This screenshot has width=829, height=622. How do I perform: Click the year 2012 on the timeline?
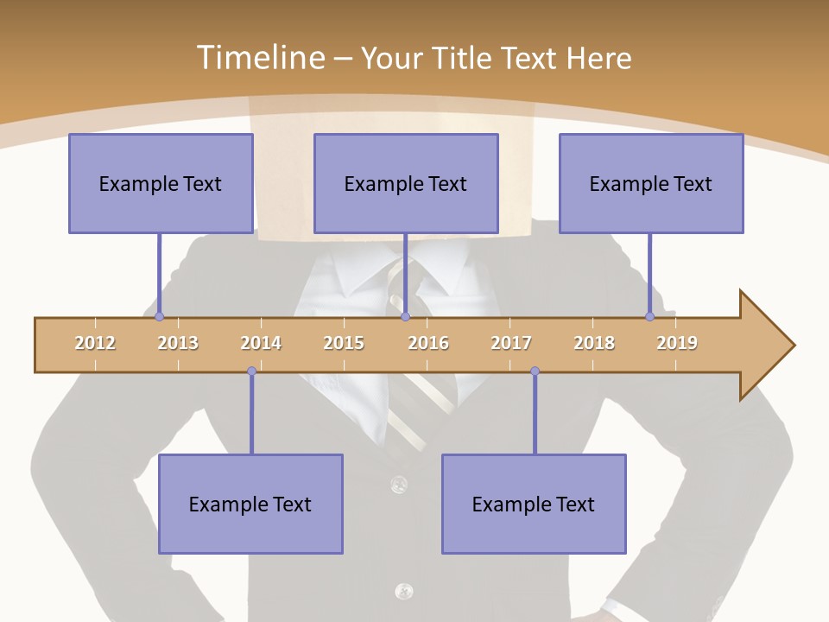[x=95, y=343]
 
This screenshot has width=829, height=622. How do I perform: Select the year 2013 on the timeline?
[x=178, y=343]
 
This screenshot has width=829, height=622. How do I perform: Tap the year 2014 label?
[x=261, y=343]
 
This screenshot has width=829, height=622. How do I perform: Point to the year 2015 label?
[x=344, y=343]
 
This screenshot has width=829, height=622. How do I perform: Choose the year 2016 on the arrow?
[x=428, y=343]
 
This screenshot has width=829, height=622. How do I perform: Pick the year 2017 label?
[x=511, y=343]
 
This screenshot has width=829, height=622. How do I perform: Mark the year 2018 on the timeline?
[x=594, y=343]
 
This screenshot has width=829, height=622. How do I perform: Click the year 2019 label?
[x=677, y=343]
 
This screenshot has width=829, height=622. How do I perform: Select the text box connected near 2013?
[x=161, y=183]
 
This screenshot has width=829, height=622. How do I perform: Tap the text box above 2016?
[x=406, y=183]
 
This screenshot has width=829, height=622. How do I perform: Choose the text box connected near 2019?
[x=651, y=183]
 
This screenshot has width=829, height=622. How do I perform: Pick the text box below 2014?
[x=250, y=504]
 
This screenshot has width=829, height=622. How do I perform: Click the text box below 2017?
[x=534, y=504]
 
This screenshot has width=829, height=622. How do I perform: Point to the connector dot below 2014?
[x=251, y=371]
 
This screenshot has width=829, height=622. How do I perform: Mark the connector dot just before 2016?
[x=405, y=316]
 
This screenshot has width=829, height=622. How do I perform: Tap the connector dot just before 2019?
[x=649, y=316]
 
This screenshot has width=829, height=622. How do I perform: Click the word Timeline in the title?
[x=259, y=58]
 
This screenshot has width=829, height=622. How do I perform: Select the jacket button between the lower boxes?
[x=398, y=483]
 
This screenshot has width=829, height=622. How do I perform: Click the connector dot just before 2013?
[x=159, y=316]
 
